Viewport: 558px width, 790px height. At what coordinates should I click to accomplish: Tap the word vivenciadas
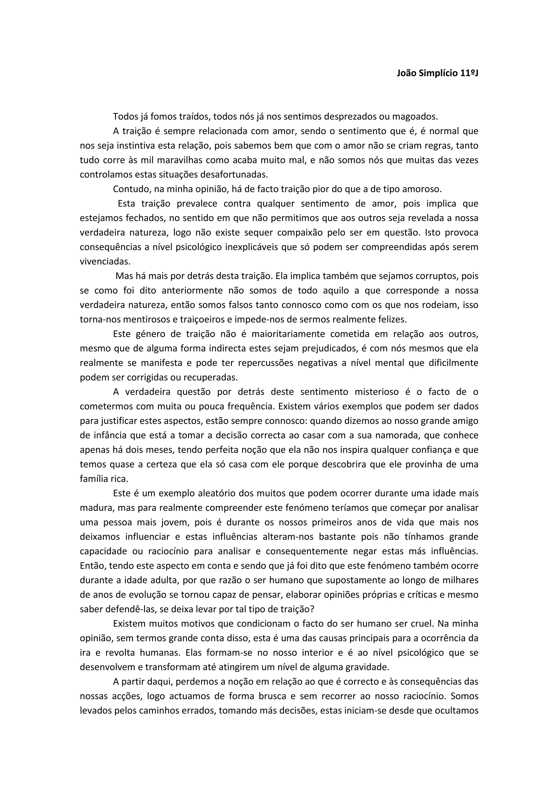[x=105, y=261]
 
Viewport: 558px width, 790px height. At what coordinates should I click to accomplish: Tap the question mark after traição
[x=312, y=609]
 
